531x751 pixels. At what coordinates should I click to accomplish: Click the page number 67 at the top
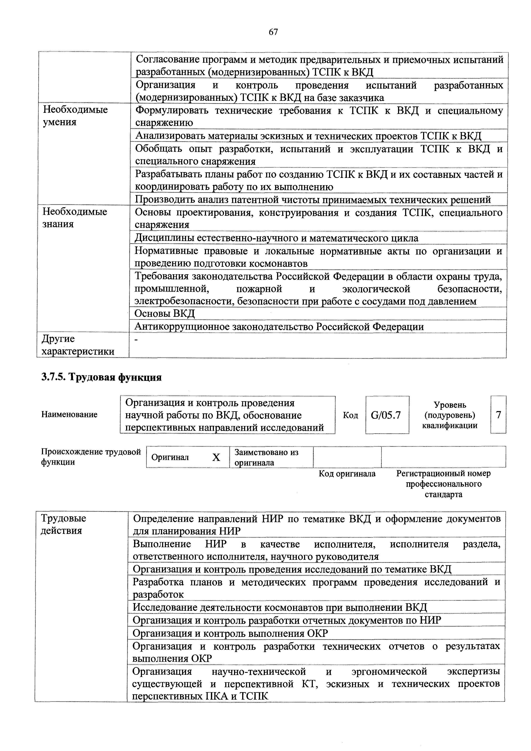point(273,32)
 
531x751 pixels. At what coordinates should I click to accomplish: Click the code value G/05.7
point(386,415)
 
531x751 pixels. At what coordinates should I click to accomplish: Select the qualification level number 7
point(498,415)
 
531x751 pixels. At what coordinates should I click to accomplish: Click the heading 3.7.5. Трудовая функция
point(101,377)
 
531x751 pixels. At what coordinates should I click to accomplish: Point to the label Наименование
point(69,414)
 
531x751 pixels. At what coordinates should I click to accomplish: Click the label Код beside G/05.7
point(351,415)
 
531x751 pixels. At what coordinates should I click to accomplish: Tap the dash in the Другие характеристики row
point(136,340)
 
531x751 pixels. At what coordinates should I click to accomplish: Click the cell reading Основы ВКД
point(165,313)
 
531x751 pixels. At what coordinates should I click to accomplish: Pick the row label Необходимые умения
point(75,115)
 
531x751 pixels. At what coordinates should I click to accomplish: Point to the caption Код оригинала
point(347,474)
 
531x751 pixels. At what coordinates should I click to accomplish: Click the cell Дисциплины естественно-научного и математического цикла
point(276,238)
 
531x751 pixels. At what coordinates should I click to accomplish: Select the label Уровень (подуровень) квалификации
point(450,415)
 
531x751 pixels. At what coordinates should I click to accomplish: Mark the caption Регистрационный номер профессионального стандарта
point(443,484)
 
